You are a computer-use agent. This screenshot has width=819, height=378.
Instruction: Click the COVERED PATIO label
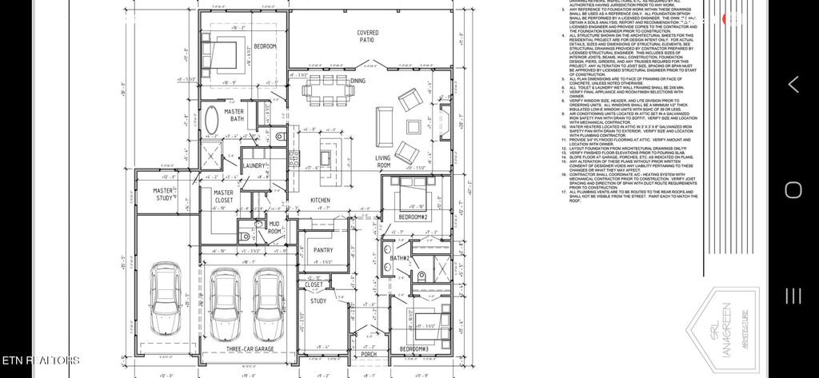(367, 35)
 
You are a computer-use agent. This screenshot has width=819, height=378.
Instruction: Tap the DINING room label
(358, 81)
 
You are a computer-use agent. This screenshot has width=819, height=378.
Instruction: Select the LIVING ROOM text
(383, 162)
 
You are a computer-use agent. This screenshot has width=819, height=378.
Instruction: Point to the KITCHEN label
(321, 200)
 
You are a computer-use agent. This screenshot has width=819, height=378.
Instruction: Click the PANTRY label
(323, 250)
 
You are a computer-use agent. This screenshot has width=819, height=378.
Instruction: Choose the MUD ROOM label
(274, 228)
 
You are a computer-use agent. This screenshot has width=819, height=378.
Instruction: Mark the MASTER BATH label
(234, 115)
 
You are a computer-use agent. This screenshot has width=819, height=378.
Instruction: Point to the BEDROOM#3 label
(413, 349)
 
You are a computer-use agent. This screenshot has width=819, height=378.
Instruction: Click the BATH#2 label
(400, 258)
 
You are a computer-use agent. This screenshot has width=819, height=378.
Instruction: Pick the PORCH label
(368, 354)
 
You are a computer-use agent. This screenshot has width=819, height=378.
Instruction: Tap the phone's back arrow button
(793, 84)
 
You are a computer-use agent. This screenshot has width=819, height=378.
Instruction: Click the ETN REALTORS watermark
(40, 360)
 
